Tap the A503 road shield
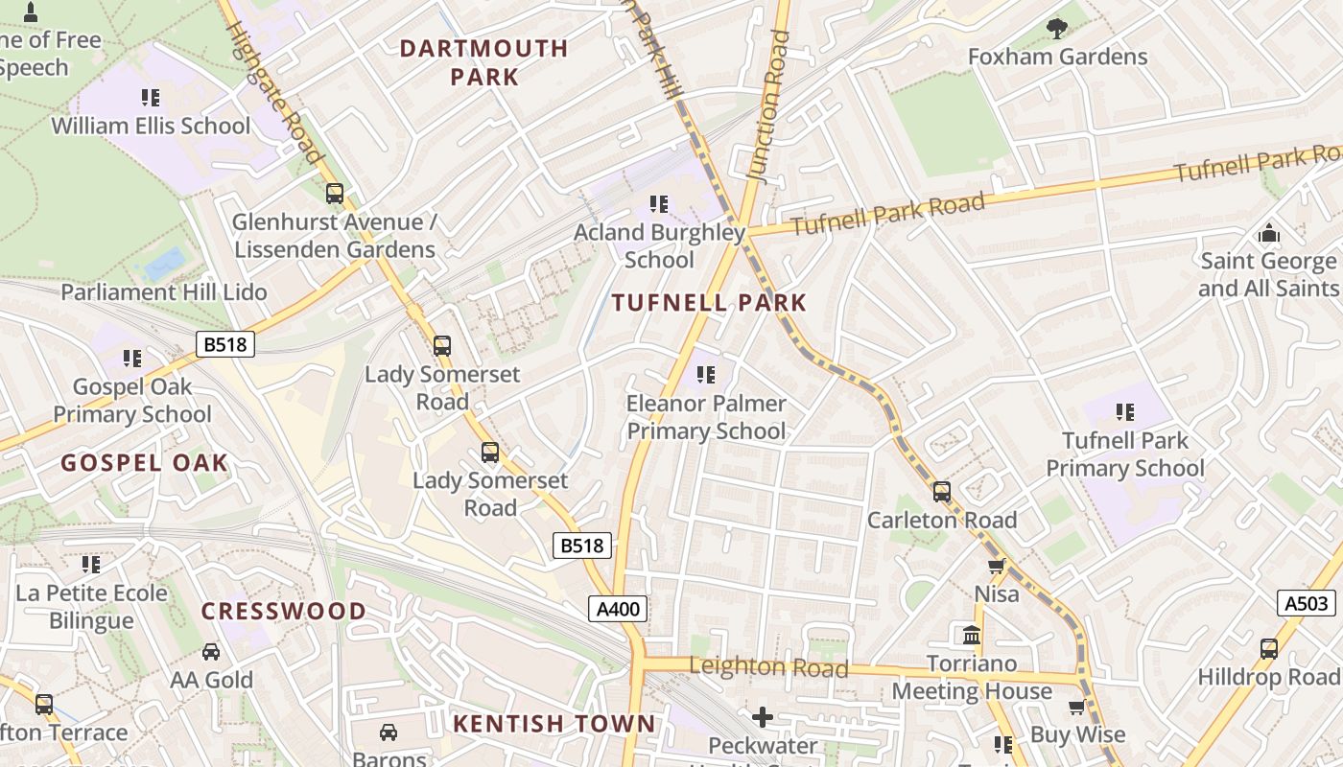[1306, 603]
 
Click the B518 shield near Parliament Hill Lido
[225, 344]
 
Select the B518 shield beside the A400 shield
[582, 546]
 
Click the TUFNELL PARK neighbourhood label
[710, 303]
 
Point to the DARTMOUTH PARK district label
[484, 62]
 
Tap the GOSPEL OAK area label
[145, 463]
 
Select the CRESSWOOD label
[284, 611]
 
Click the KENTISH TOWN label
[554, 724]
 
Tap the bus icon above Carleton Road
[942, 492]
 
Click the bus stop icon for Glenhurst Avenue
[335, 193]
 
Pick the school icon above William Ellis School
[151, 97]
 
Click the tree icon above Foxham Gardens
[1057, 29]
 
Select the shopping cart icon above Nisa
[997, 567]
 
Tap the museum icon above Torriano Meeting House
[971, 635]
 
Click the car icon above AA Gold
[211, 652]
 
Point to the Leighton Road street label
[768, 667]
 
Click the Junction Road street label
[769, 105]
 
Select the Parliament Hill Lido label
[164, 292]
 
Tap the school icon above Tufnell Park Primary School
[1125, 412]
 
